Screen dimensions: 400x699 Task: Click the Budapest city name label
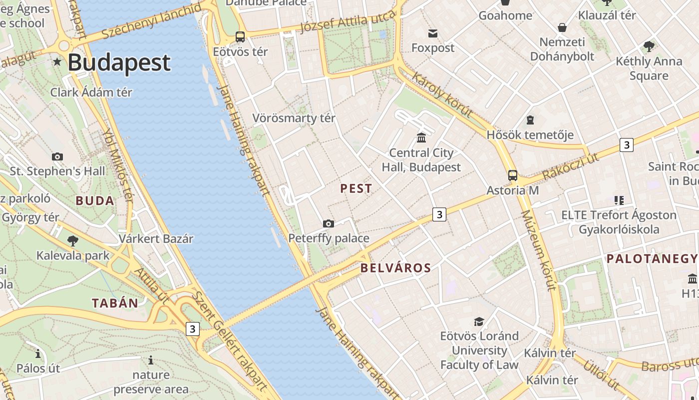(119, 62)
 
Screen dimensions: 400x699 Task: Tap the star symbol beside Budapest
(57, 62)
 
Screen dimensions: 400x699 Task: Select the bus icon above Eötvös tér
(240, 37)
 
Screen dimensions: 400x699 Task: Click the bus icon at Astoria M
(513, 175)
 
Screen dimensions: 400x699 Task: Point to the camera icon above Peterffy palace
(328, 223)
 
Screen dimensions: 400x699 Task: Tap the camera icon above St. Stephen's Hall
(57, 156)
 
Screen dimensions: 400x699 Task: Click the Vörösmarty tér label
(294, 118)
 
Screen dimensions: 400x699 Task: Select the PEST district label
(356, 188)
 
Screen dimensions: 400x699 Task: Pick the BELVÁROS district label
(395, 268)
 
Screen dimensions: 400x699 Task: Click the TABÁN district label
(115, 303)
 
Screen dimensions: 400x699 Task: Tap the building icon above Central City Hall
(421, 137)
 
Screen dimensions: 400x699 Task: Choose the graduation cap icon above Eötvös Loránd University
(479, 321)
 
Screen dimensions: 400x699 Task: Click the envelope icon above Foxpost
(433, 33)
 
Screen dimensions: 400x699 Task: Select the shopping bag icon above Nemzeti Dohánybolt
(562, 27)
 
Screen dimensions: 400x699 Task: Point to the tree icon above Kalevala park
(73, 240)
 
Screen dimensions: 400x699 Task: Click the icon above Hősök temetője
(530, 120)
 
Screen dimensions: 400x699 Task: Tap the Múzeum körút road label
(538, 250)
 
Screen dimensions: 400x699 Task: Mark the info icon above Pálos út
(38, 353)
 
